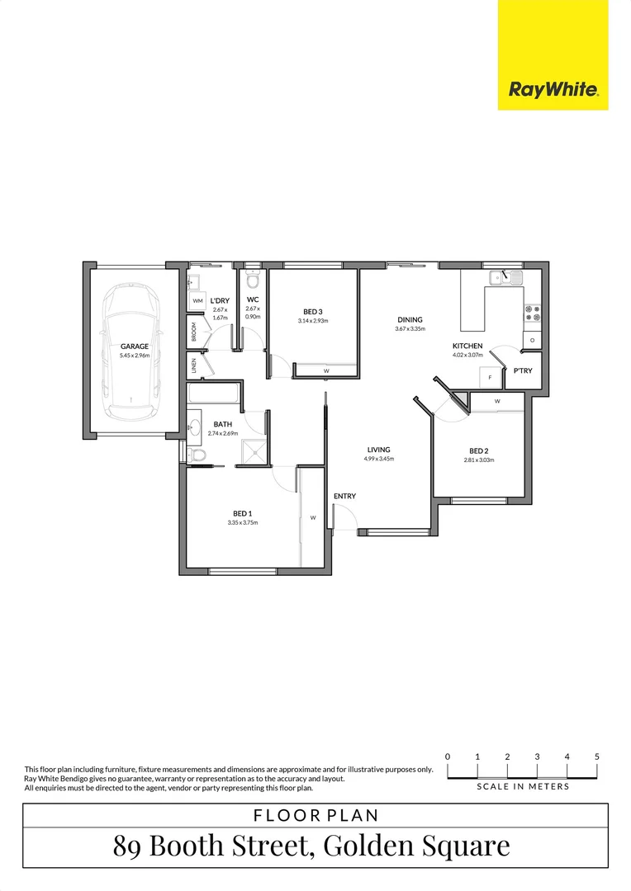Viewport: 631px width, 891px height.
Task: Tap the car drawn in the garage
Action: pos(131,350)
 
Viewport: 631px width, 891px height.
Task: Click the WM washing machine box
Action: pos(197,301)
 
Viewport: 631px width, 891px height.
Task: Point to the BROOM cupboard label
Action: pos(194,332)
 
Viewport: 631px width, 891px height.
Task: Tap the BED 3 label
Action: pos(313,312)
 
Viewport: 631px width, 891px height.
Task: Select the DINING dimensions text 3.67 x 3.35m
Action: pos(410,329)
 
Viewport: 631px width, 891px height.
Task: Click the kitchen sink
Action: pos(505,278)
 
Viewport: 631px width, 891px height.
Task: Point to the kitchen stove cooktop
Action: pos(532,313)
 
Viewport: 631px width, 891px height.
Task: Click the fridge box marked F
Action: pos(489,377)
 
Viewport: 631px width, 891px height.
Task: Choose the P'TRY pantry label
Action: pos(523,371)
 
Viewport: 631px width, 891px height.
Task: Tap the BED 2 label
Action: pos(478,450)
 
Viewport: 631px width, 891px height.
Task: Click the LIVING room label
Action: pos(379,450)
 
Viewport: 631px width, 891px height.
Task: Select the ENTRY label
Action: pos(344,496)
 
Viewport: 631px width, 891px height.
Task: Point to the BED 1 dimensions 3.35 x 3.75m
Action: pos(243,522)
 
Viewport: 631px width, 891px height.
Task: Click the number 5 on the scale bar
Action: pos(596,757)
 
